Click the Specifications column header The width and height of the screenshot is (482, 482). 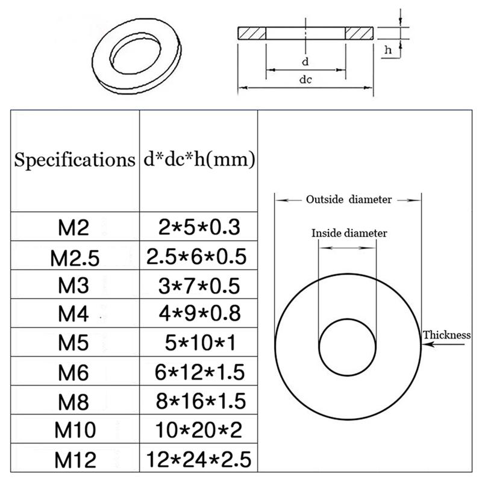point(74,160)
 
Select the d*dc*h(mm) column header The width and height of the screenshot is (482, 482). point(198,160)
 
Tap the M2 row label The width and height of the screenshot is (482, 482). point(74,228)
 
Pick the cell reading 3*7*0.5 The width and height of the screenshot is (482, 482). point(198,285)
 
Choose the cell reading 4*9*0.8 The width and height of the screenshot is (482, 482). point(198,313)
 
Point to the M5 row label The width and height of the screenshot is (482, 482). point(74,342)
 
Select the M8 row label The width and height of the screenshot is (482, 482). point(74,401)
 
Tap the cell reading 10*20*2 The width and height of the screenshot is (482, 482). point(198,430)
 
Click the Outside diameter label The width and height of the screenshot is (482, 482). point(348,199)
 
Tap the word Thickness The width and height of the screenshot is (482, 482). point(446,335)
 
